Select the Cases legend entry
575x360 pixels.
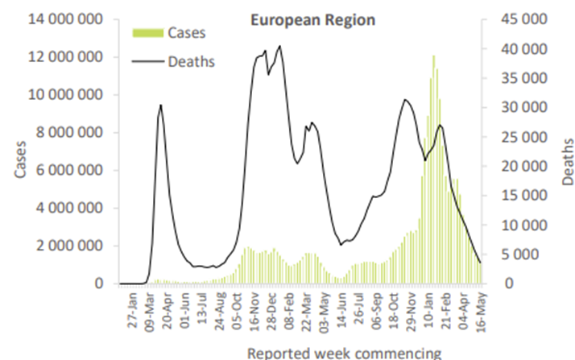point(186,33)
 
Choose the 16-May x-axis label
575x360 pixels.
point(482,310)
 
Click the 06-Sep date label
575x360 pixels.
point(378,310)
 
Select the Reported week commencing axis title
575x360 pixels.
point(344,352)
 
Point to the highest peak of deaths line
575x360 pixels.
point(279,46)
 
